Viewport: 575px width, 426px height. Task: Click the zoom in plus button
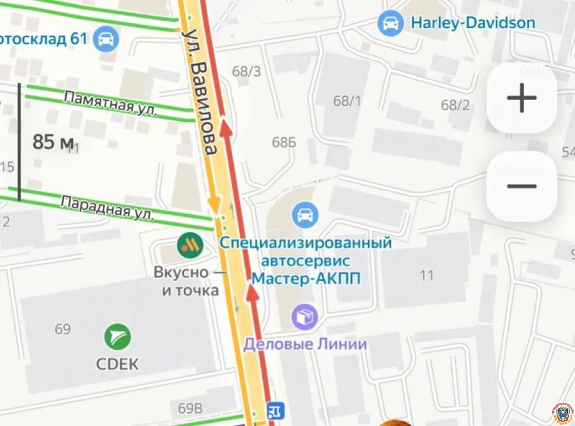[521, 99]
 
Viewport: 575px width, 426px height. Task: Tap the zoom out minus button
[521, 186]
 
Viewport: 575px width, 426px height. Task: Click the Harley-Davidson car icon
[391, 24]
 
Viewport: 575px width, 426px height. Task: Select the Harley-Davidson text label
[473, 23]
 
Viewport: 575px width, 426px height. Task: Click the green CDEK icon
[118, 337]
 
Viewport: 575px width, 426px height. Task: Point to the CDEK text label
[117, 364]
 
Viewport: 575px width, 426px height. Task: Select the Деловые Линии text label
[305, 344]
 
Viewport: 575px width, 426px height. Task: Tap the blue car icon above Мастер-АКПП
[305, 215]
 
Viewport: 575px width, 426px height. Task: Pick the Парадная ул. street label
[107, 208]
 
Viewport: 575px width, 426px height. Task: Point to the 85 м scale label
[53, 142]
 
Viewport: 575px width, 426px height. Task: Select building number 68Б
[284, 142]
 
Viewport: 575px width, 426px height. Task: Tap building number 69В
[189, 408]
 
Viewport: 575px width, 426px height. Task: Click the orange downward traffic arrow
[214, 206]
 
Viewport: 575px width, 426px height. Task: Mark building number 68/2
[455, 105]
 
